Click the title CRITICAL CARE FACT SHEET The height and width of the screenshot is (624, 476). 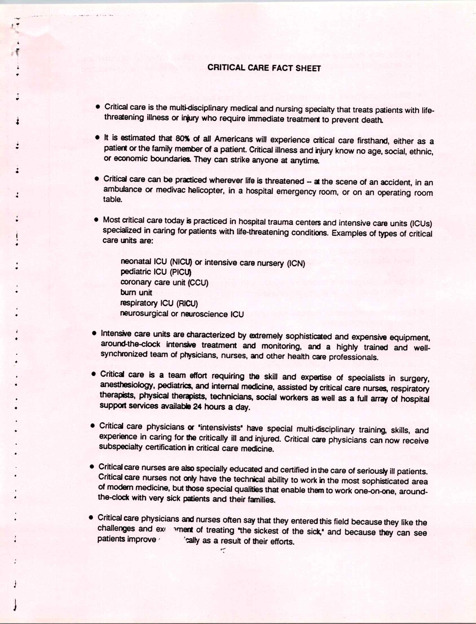pyautogui.click(x=264, y=68)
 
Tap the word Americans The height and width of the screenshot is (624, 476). pyautogui.click(x=233, y=139)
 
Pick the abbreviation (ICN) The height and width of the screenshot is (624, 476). pyautogui.click(x=296, y=264)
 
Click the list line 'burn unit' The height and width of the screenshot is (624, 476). pyautogui.click(x=136, y=292)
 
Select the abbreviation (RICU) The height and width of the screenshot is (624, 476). pyautogui.click(x=187, y=303)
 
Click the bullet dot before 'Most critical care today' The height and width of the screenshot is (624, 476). pyautogui.click(x=96, y=220)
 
